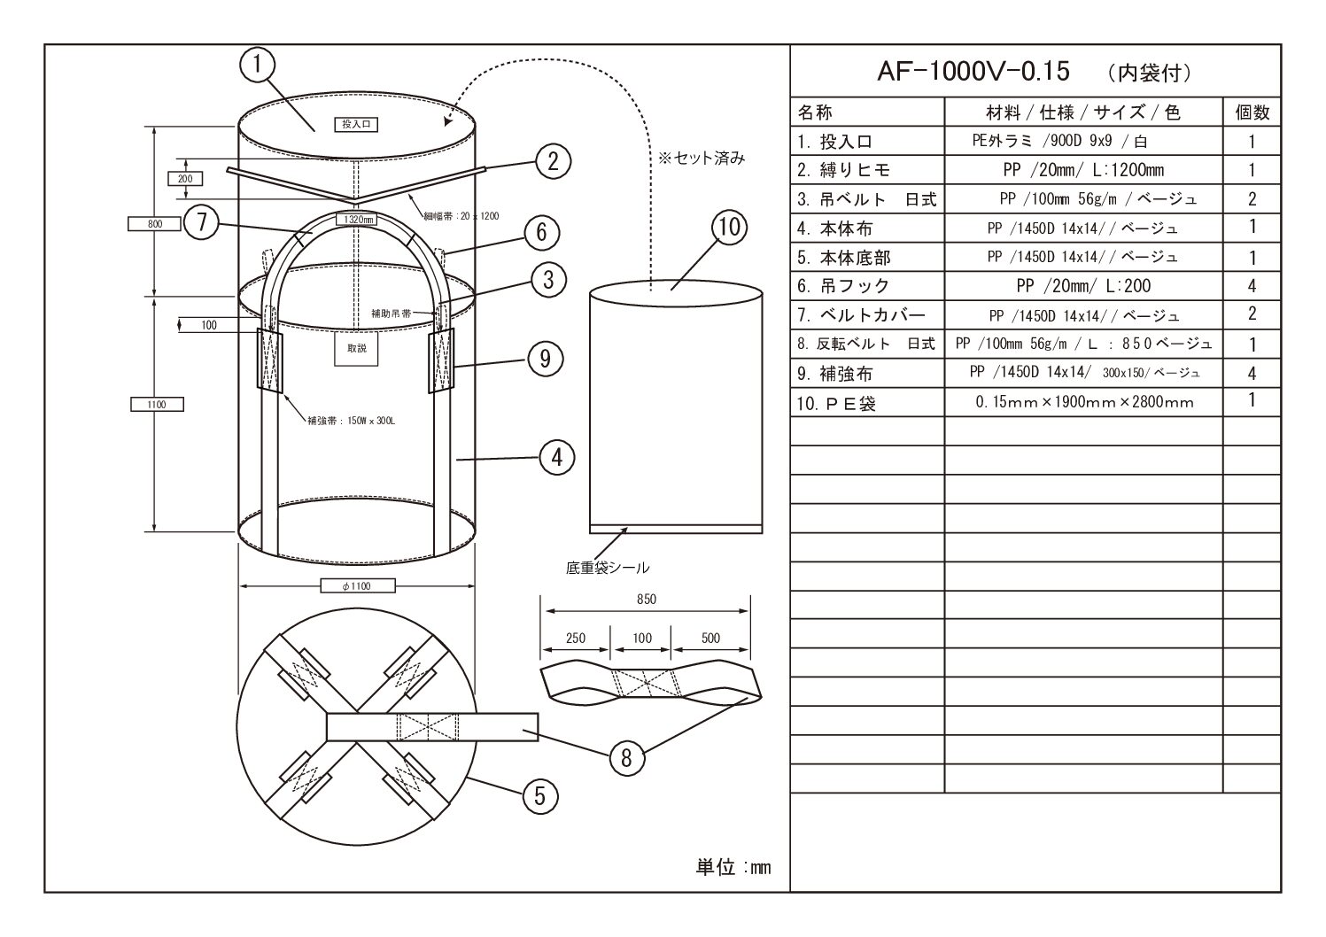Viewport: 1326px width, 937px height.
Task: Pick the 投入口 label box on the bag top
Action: [x=355, y=125]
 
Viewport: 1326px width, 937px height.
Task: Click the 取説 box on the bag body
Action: [x=356, y=348]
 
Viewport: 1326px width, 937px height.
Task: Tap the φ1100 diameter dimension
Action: [x=356, y=585]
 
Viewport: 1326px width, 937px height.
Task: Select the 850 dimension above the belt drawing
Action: [x=646, y=600]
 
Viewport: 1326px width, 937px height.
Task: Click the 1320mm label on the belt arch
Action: [x=356, y=219]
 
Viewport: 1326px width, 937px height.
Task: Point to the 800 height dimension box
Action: [x=153, y=224]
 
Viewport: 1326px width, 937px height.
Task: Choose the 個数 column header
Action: [x=1252, y=112]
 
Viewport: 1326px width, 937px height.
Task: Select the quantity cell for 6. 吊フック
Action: [x=1252, y=286]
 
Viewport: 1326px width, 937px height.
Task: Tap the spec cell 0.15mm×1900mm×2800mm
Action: [x=1084, y=402]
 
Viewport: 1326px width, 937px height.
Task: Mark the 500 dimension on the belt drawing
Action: [x=710, y=639]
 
